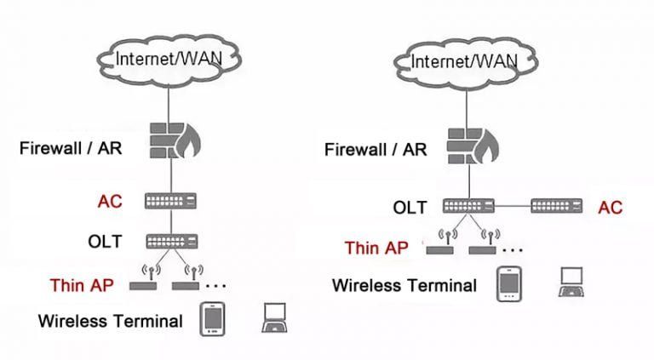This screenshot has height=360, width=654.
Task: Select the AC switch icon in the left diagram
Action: (x=170, y=202)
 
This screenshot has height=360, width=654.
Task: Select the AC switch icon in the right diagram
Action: (x=556, y=206)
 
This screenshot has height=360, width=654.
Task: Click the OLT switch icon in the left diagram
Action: (x=170, y=241)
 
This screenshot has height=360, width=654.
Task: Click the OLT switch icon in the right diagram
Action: (x=468, y=206)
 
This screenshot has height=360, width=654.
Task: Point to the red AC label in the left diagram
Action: (x=110, y=202)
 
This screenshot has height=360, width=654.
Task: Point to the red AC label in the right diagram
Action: (x=610, y=207)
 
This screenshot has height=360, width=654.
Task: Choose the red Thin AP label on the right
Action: (x=376, y=248)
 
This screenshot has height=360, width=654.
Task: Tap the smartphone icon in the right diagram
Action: (x=508, y=283)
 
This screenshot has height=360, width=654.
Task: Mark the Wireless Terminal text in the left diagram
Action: (x=110, y=321)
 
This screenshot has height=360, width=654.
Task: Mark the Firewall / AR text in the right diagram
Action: (x=376, y=150)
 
